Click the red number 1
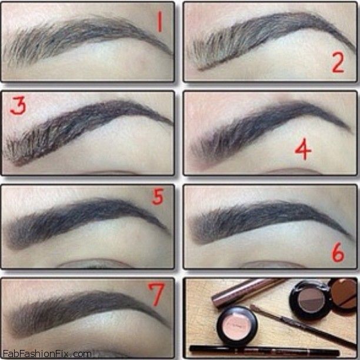pos(160,22)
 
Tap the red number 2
pos(338,62)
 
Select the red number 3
pos(18,105)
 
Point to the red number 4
pos(303,149)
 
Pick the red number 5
pos(158,196)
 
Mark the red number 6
pos(338,252)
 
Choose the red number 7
pos(156,294)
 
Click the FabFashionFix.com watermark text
pos(47,354)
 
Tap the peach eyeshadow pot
pos(237,324)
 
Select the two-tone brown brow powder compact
pos(311,300)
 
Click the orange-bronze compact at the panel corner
pos(344,294)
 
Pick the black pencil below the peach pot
pos(265,351)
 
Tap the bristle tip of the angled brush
pos(254,308)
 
